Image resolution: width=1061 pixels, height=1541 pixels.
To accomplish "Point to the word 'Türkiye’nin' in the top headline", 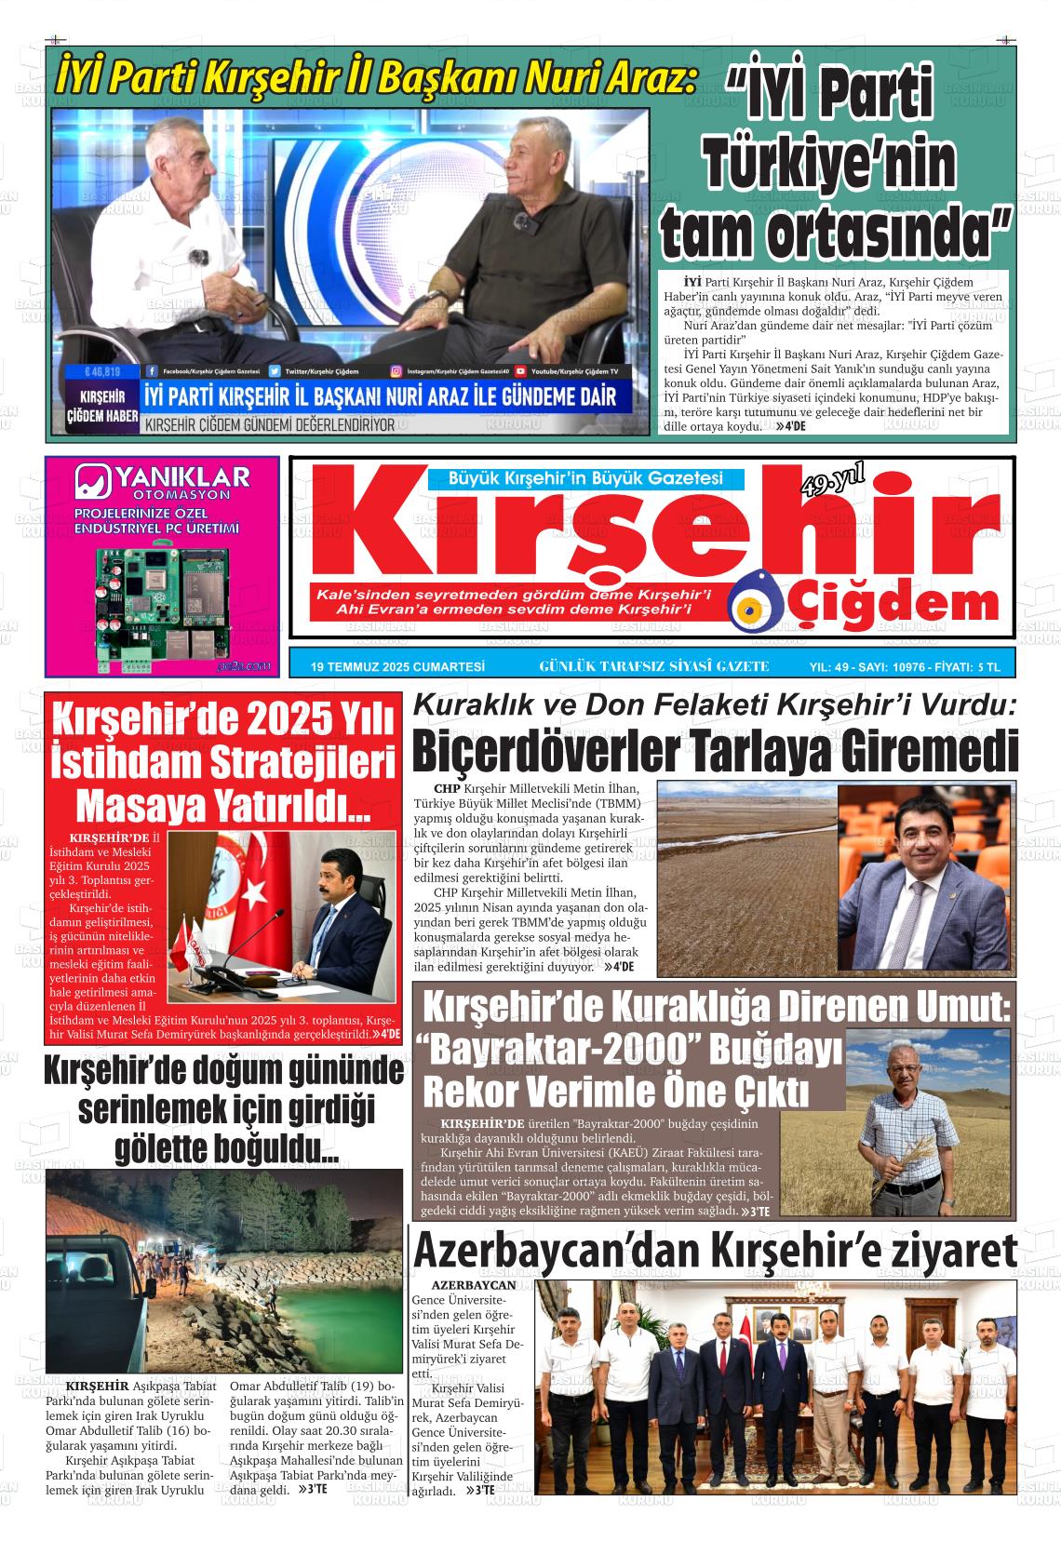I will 831,166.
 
